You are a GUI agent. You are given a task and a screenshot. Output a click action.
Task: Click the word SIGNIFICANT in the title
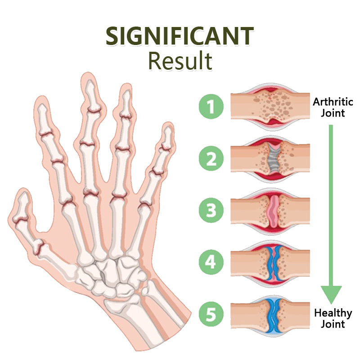tap(180, 36)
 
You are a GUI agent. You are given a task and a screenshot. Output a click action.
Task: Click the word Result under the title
tap(180, 61)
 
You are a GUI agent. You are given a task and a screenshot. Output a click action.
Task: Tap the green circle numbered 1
tap(211, 107)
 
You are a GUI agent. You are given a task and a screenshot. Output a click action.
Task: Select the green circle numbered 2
tap(211, 158)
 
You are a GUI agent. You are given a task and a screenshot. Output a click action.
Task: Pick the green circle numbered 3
tap(211, 210)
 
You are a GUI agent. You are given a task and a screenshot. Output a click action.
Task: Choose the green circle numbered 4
tap(211, 262)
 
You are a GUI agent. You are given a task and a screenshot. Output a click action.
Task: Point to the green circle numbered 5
tap(211, 314)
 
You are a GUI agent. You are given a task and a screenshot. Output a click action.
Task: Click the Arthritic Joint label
tap(333, 108)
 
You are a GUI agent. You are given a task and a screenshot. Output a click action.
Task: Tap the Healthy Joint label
tap(333, 319)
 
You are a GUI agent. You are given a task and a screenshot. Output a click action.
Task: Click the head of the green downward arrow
tap(331, 294)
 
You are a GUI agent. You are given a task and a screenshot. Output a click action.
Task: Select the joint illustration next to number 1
tap(270, 107)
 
